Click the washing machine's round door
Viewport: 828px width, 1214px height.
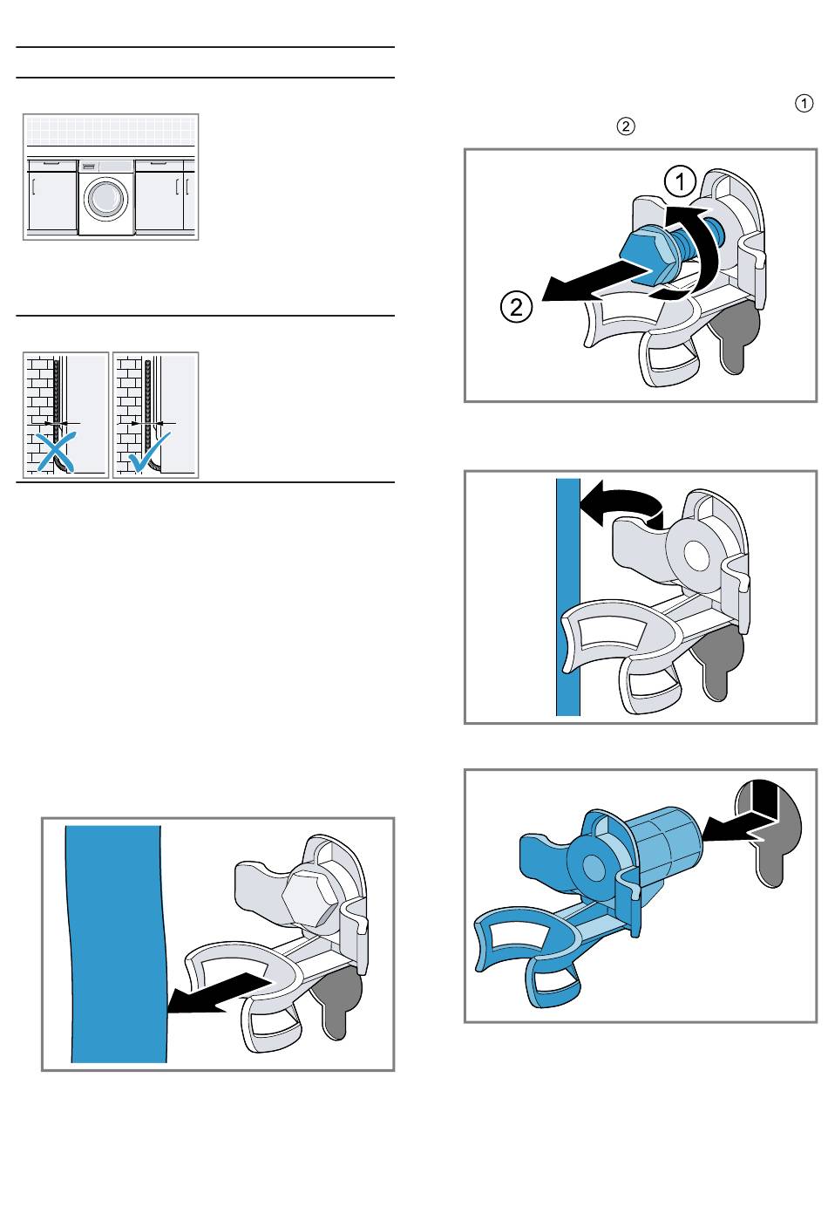click(106, 197)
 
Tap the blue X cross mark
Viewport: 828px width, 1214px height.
click(56, 451)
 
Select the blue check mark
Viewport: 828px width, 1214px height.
click(149, 451)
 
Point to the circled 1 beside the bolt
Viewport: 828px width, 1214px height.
click(680, 181)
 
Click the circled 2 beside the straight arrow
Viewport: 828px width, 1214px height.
click(516, 307)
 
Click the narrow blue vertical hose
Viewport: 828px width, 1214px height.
click(568, 597)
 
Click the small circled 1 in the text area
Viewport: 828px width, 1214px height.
click(804, 103)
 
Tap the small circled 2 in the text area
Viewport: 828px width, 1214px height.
click(626, 126)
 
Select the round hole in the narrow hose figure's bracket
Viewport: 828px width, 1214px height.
click(696, 555)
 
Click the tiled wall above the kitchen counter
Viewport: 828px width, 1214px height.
click(111, 131)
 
